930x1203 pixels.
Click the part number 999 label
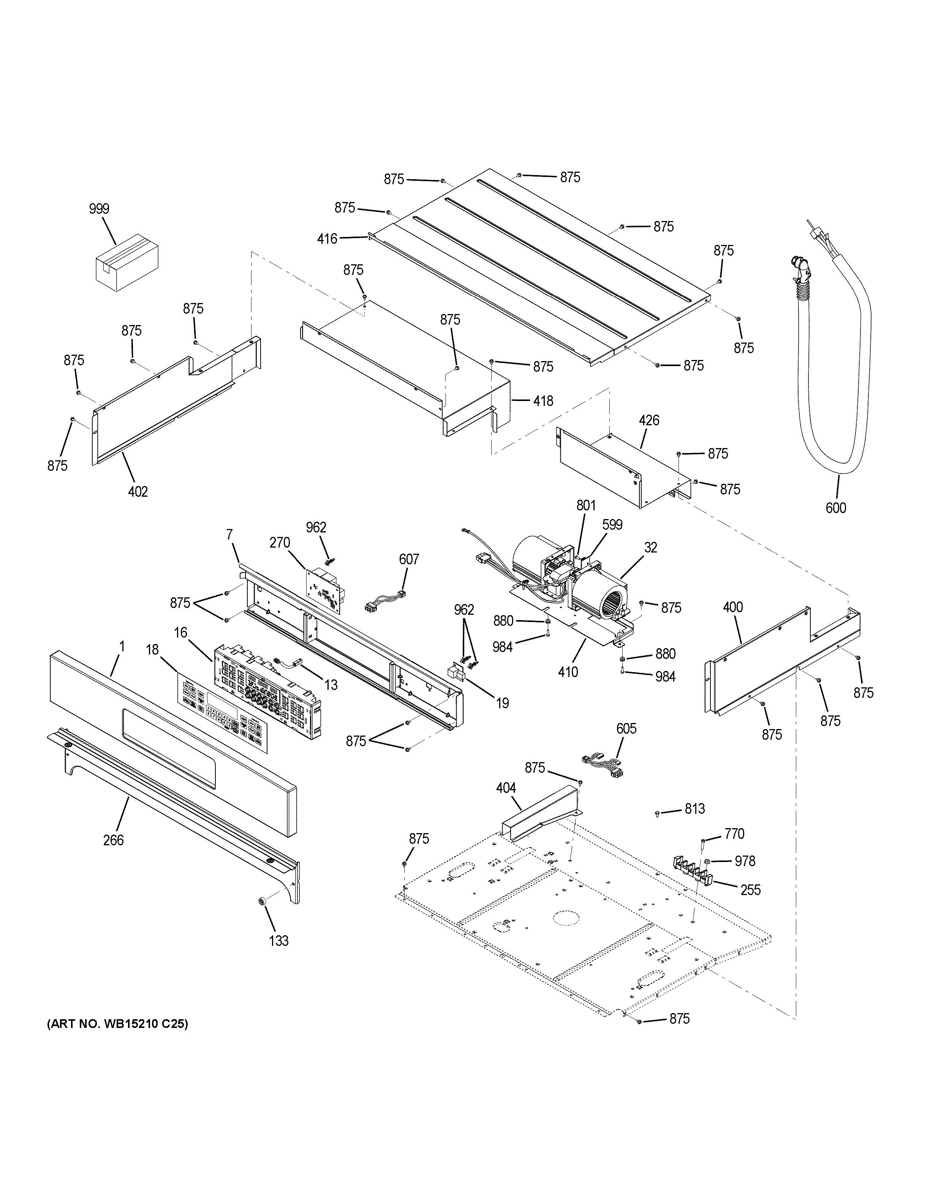point(99,209)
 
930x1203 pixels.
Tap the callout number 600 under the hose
point(836,508)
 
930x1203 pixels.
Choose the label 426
point(649,420)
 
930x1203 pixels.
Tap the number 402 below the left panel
point(138,491)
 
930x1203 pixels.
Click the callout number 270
point(280,543)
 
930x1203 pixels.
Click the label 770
point(734,834)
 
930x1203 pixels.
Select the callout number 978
point(745,861)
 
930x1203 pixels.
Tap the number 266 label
point(114,840)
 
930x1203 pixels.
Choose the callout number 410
point(568,672)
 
